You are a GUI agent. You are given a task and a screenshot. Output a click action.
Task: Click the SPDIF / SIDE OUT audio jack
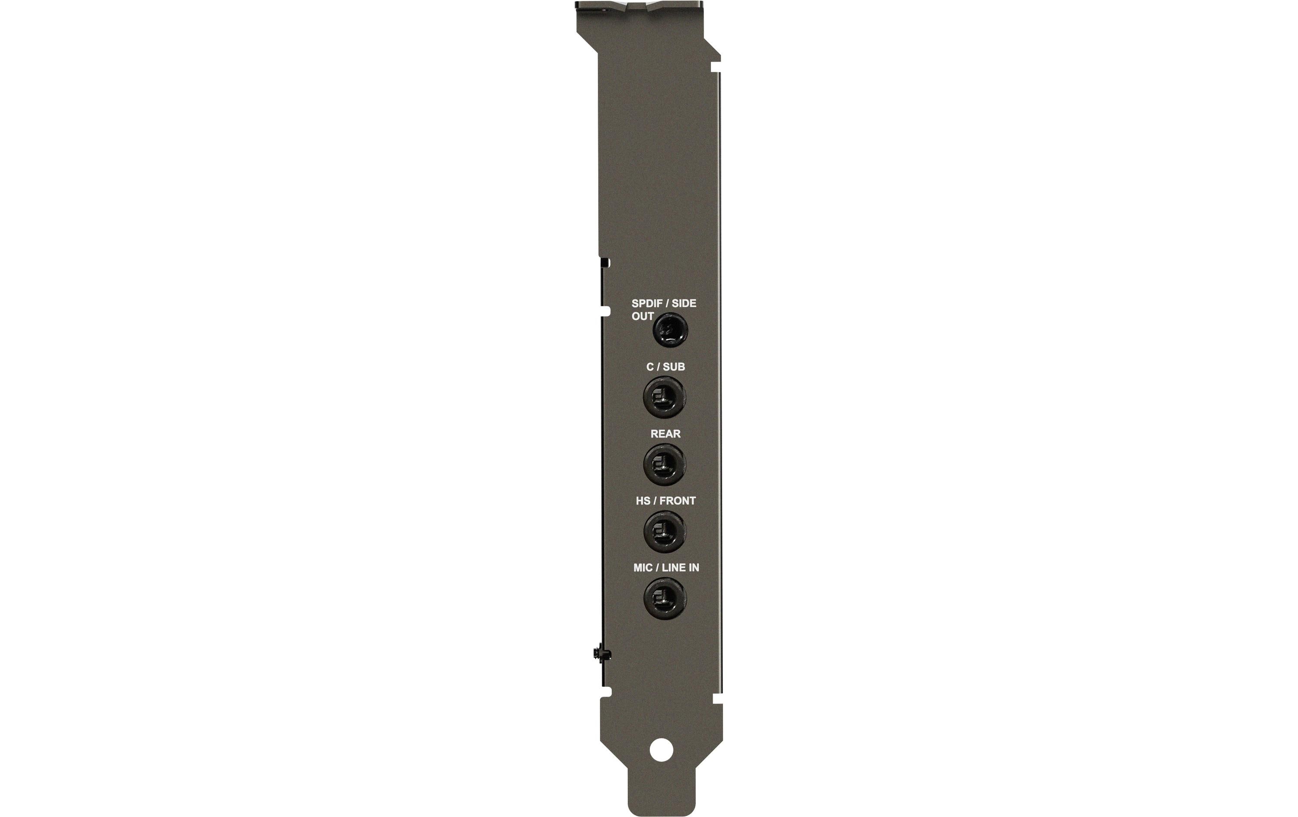point(671,331)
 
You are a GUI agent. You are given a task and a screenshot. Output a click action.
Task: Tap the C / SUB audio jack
point(664,397)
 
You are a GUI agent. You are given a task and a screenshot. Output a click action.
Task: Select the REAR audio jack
point(665,464)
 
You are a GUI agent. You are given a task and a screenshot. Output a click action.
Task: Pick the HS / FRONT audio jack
point(665,531)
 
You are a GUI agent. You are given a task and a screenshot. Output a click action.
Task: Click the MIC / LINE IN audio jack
point(665,598)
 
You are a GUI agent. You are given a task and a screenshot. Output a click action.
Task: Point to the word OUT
point(643,317)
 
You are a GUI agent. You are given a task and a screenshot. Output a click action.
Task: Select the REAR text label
point(665,434)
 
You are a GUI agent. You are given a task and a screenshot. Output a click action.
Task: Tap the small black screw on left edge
point(599,653)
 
